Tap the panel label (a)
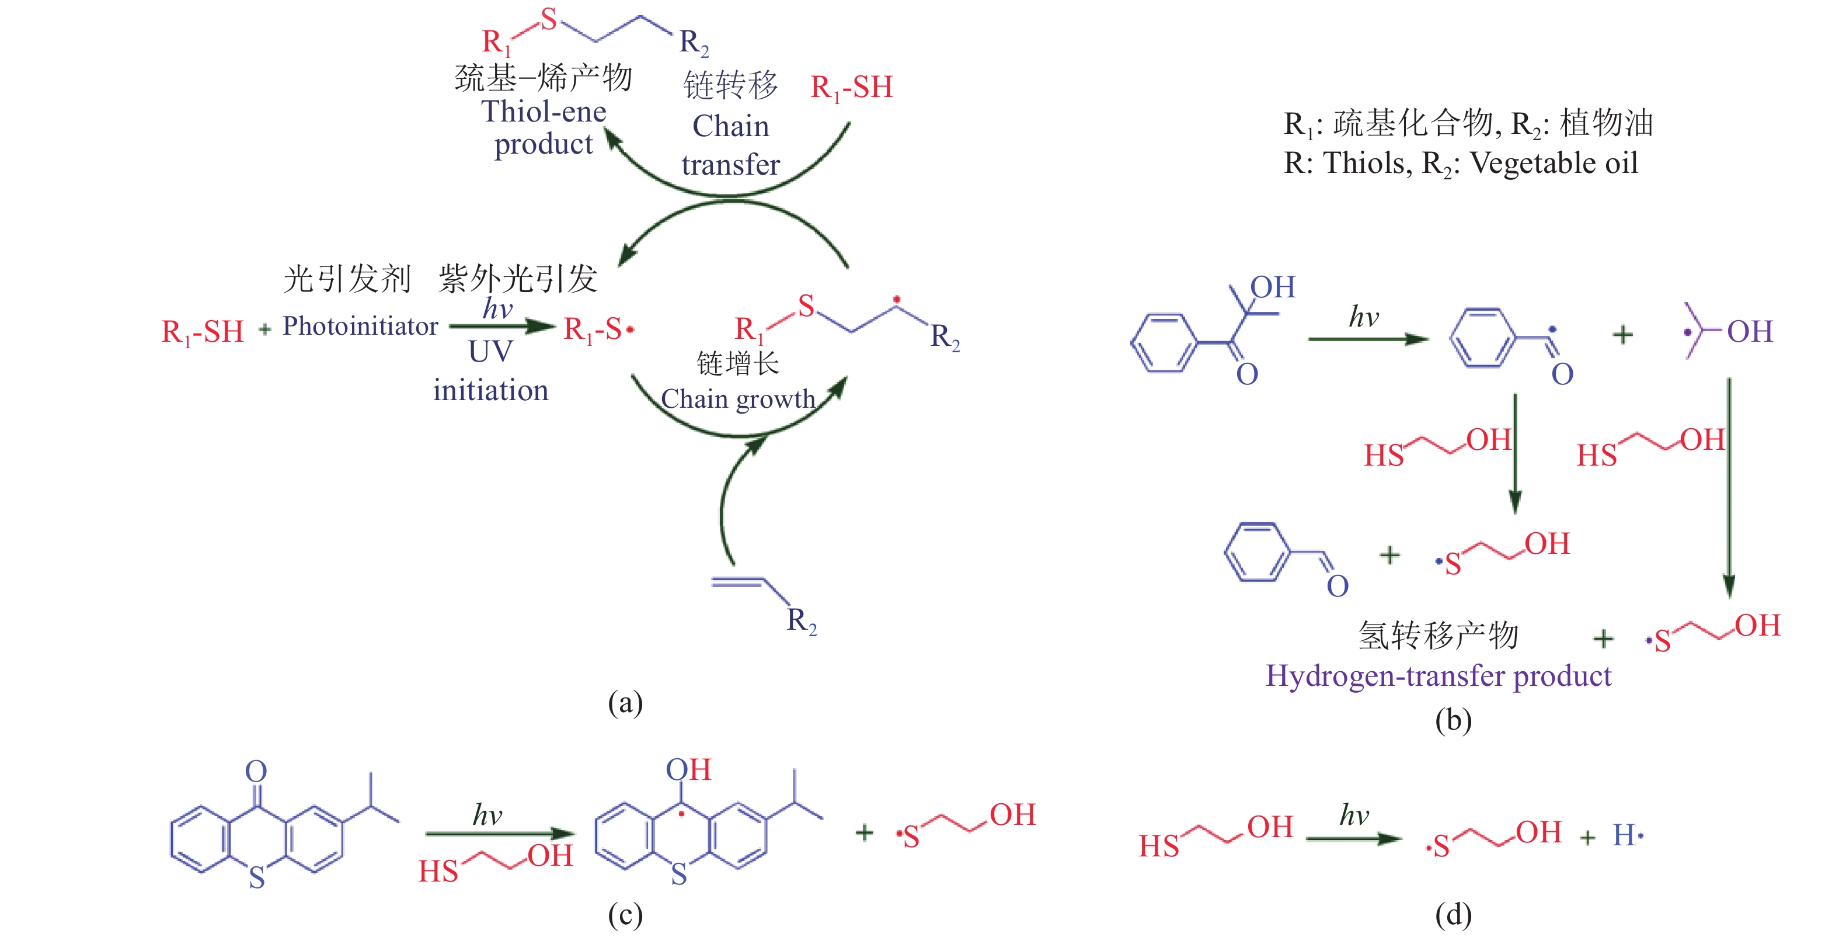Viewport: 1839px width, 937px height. click(x=625, y=703)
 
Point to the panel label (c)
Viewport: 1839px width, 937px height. click(x=625, y=914)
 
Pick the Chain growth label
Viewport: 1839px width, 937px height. click(x=737, y=398)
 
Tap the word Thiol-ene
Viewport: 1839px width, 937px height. click(x=544, y=112)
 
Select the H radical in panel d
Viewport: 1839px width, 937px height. click(x=1627, y=834)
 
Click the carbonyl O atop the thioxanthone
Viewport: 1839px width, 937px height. click(x=256, y=771)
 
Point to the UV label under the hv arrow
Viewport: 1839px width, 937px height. click(x=490, y=352)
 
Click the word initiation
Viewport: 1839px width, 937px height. click(x=490, y=391)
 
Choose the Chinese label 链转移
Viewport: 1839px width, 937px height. click(x=730, y=86)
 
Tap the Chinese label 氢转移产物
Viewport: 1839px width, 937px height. click(x=1438, y=636)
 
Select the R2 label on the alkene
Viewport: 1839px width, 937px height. click(x=801, y=620)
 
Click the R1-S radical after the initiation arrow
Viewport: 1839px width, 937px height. click(x=598, y=330)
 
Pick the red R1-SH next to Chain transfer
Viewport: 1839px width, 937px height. click(x=851, y=88)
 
